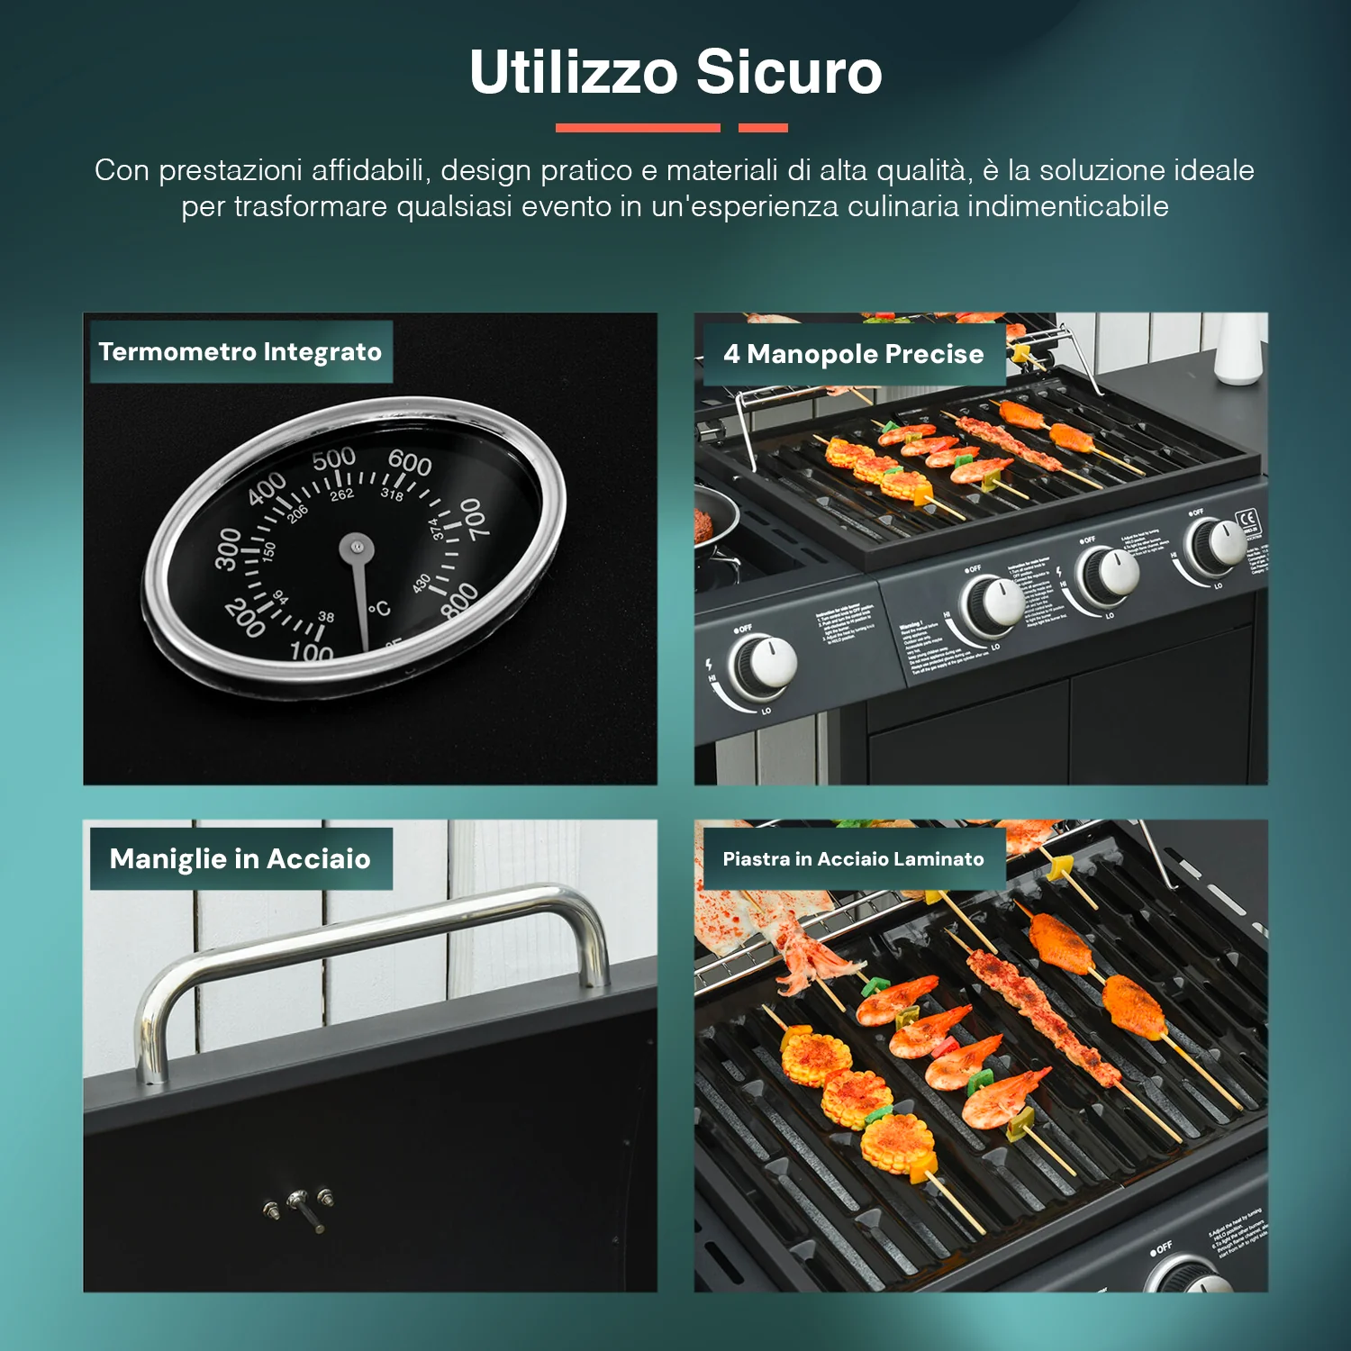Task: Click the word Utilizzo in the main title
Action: point(573,72)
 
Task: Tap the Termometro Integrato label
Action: point(240,352)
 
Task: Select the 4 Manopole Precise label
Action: point(853,354)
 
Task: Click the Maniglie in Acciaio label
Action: point(240,859)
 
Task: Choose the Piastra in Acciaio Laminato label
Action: point(853,859)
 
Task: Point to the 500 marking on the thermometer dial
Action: point(334,459)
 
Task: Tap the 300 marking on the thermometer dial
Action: point(228,549)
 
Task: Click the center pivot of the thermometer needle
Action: point(357,546)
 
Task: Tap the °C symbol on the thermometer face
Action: point(379,610)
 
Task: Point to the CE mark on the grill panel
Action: point(1248,519)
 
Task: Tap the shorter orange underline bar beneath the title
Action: point(763,128)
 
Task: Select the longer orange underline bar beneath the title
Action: point(638,128)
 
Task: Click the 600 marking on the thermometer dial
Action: point(410,463)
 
